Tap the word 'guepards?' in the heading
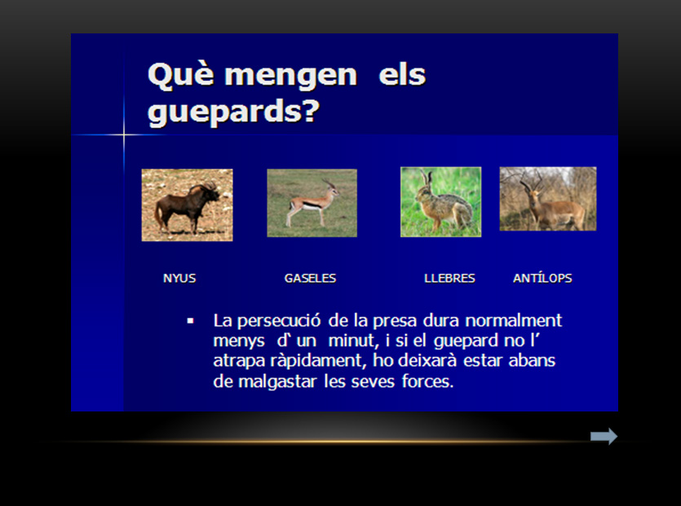233,112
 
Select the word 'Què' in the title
181,75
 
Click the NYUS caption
179,278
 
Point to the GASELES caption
310,278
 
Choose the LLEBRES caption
449,278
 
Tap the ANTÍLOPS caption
542,277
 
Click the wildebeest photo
188,205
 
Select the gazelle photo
312,203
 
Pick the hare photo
441,202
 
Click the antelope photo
548,199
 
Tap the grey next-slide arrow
604,436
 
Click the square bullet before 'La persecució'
190,321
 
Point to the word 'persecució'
279,321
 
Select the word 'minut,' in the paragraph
353,341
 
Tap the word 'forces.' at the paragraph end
428,381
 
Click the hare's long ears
427,178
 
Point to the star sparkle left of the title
124,135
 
